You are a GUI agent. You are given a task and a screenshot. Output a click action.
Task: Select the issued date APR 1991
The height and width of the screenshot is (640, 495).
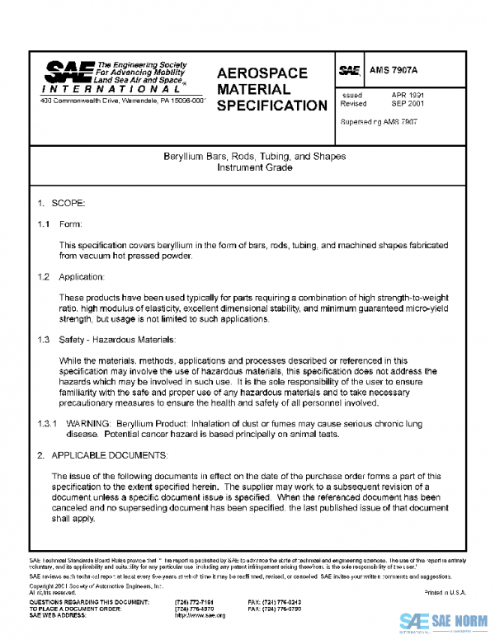(408, 96)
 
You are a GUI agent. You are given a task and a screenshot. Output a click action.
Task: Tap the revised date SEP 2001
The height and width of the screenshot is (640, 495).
(408, 105)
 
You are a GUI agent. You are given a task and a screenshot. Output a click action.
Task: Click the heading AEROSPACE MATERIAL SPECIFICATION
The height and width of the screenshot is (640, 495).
(271, 89)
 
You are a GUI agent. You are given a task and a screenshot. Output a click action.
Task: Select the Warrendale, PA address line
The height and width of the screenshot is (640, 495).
(122, 100)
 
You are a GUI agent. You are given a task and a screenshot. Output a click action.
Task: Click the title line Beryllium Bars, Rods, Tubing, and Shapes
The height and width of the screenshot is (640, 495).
(255, 156)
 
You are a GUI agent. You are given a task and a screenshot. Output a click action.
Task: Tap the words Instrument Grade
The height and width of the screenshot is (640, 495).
(255, 167)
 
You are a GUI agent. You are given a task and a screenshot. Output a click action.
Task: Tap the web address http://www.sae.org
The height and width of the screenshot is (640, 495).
(194, 615)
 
